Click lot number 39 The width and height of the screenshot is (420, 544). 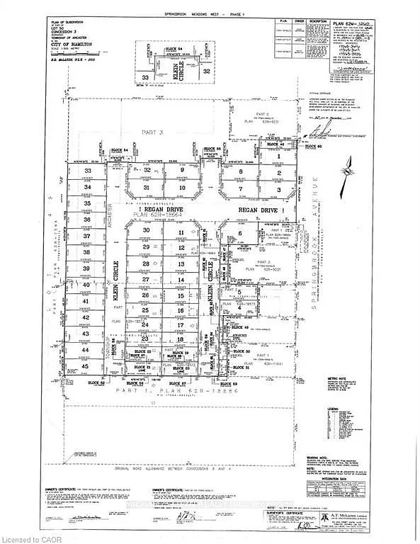(86, 269)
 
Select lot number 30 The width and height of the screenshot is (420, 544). (147, 231)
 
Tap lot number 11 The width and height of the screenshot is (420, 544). (181, 232)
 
